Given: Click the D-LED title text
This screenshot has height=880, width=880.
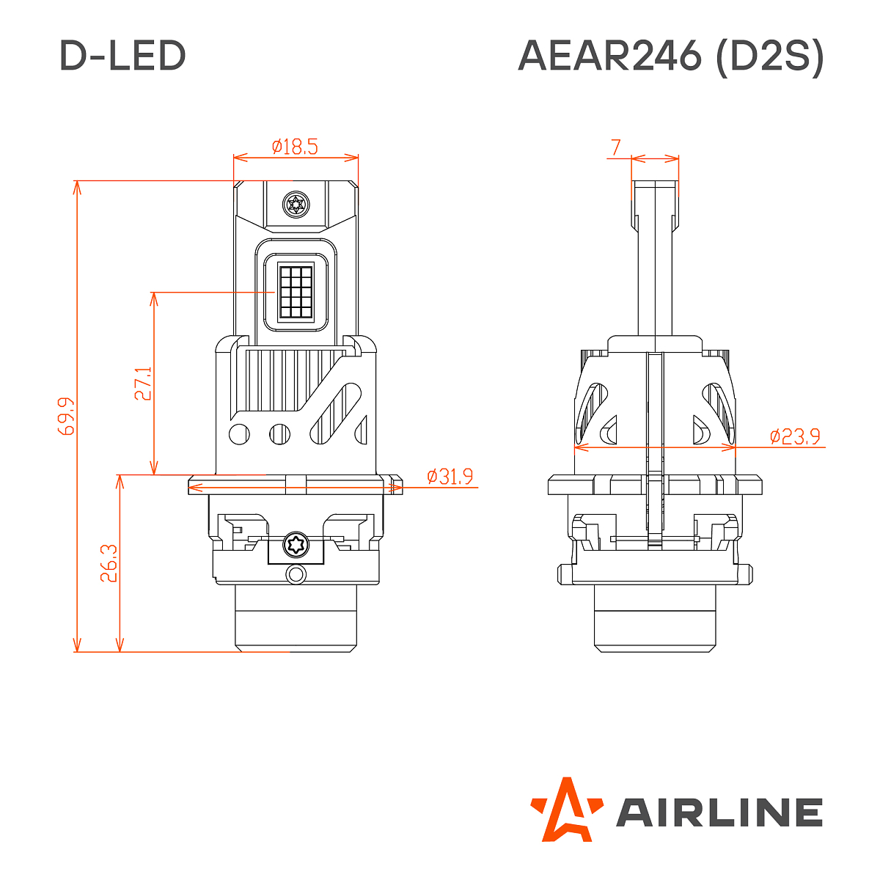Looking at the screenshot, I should pos(122,56).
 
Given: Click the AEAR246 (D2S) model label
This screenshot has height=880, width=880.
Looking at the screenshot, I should pos(671,56).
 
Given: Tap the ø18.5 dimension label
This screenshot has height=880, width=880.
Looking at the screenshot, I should pos(295,147).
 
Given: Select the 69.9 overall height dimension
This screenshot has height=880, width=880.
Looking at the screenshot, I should pos(66,416).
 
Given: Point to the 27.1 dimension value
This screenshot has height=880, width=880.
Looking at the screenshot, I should pos(143,384).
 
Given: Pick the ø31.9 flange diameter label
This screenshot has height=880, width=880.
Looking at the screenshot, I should pos(450,477).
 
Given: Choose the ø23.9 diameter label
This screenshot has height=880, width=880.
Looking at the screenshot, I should pos(795,437).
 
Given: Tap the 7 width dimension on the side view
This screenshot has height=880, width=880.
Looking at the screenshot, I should pos(615,148).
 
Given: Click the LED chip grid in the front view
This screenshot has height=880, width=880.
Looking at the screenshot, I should pos(296,291).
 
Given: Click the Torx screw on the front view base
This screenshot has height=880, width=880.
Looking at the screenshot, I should pos(296,546).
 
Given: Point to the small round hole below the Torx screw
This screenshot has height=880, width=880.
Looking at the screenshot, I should pos(296,573).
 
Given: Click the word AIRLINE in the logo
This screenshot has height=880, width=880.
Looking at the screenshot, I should pos(719,813).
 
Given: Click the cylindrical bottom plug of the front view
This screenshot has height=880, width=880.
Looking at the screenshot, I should pos(296,617).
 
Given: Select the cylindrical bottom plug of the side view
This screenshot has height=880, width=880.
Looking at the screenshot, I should pos(655,617).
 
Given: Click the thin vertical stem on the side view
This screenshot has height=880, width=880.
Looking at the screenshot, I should pos(655,264).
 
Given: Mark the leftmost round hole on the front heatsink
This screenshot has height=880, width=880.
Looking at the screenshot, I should pos(239,434).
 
